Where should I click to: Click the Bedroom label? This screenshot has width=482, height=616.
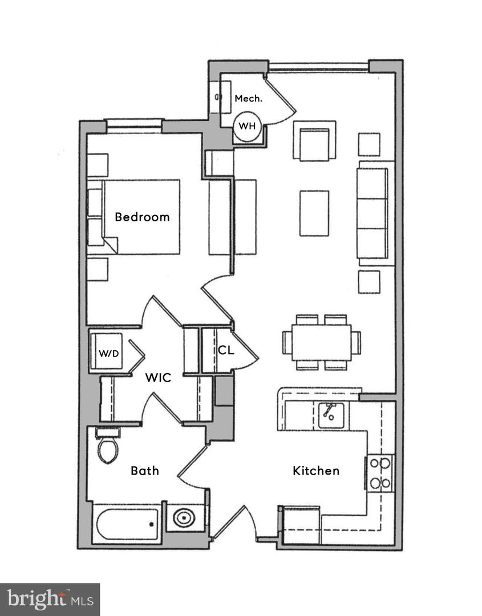[x=142, y=217]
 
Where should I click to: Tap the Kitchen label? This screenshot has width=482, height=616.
[x=316, y=471]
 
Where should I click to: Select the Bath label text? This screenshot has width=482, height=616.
[x=145, y=471]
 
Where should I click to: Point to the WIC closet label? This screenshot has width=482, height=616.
[x=158, y=378]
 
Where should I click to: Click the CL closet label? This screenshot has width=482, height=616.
[x=226, y=350]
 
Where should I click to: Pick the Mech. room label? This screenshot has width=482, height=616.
[x=249, y=99]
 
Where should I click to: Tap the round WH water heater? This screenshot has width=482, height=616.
[x=248, y=126]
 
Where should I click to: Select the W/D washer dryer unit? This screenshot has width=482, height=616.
[x=109, y=352]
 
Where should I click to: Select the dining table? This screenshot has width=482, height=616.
[x=321, y=342]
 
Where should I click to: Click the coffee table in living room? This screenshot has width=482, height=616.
[x=314, y=213]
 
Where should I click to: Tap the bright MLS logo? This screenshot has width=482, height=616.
[x=50, y=599]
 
